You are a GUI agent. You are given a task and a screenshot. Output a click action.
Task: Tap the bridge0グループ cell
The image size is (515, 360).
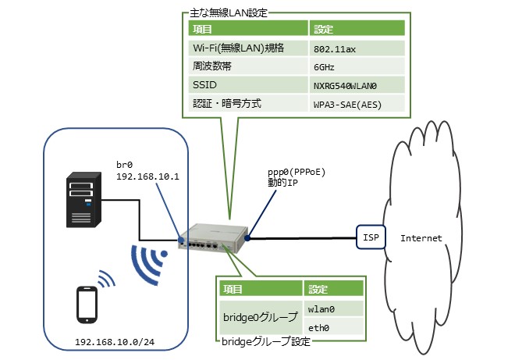260,318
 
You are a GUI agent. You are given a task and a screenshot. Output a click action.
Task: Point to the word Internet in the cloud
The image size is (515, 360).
421,237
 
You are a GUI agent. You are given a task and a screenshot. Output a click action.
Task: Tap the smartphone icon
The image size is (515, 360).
87,305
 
